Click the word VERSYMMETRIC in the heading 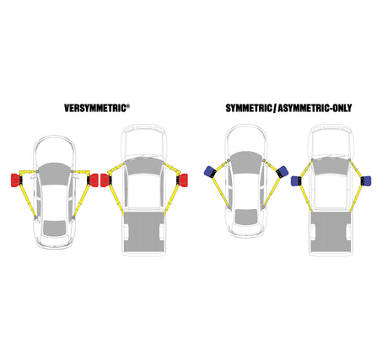click(95, 108)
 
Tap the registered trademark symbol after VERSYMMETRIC click(128, 106)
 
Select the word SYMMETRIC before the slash click(249, 108)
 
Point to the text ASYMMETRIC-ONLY click(315, 108)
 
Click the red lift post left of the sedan click(15, 180)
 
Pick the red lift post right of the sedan click(93, 180)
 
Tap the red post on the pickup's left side click(105, 180)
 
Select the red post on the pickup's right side click(183, 180)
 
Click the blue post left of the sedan click(210, 172)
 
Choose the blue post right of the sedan click(283, 172)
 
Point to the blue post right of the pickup click(367, 181)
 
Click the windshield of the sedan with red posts click(54, 174)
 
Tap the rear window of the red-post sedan click(55, 228)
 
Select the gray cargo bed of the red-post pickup click(144, 232)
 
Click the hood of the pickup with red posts click(143, 142)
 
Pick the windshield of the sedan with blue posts click(246, 163)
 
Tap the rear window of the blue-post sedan click(246, 217)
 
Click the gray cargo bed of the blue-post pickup click(331, 232)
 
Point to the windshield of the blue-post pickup click(331, 166)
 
